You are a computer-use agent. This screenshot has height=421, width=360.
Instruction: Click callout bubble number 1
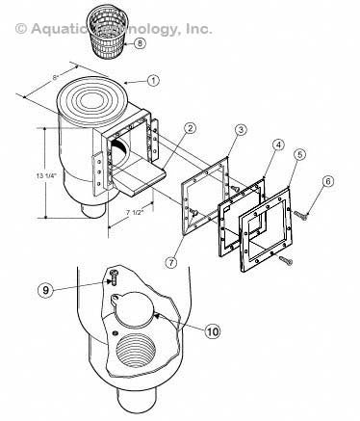click(x=153, y=80)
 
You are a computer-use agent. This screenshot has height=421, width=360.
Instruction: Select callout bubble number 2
click(x=190, y=128)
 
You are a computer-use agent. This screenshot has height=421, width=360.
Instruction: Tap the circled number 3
click(x=241, y=129)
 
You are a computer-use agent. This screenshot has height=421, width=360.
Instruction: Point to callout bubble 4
click(x=278, y=145)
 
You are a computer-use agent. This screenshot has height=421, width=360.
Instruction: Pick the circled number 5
click(x=299, y=155)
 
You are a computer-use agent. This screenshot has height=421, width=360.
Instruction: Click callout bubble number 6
click(x=327, y=181)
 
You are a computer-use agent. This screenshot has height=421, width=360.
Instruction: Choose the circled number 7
click(x=171, y=262)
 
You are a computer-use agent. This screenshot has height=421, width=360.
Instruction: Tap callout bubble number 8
click(x=140, y=43)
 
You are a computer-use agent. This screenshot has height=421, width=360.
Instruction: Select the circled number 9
click(x=45, y=290)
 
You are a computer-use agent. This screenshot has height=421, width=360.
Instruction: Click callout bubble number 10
click(x=213, y=331)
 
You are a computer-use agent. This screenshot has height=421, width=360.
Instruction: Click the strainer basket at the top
click(x=107, y=30)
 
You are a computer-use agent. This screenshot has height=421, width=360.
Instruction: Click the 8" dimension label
click(x=55, y=77)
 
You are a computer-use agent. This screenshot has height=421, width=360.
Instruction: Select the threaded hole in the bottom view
click(x=136, y=351)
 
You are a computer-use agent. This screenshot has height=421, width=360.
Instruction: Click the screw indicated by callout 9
click(x=114, y=276)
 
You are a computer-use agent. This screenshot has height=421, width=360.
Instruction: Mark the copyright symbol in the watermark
click(x=21, y=29)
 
